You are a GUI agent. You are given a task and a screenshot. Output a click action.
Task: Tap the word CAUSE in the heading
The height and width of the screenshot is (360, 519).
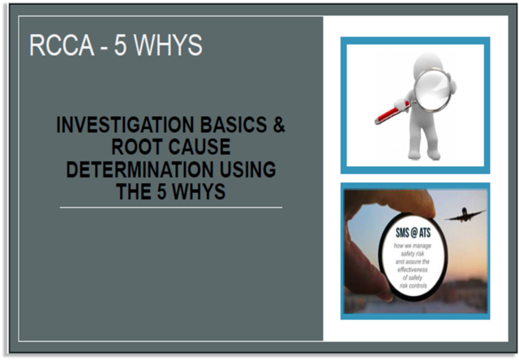200,148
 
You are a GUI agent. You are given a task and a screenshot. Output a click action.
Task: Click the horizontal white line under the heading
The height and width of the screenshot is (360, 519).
170,208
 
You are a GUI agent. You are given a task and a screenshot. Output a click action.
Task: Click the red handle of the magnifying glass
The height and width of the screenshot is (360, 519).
388,113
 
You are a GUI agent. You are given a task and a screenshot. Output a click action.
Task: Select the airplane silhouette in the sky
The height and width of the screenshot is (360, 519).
464,215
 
